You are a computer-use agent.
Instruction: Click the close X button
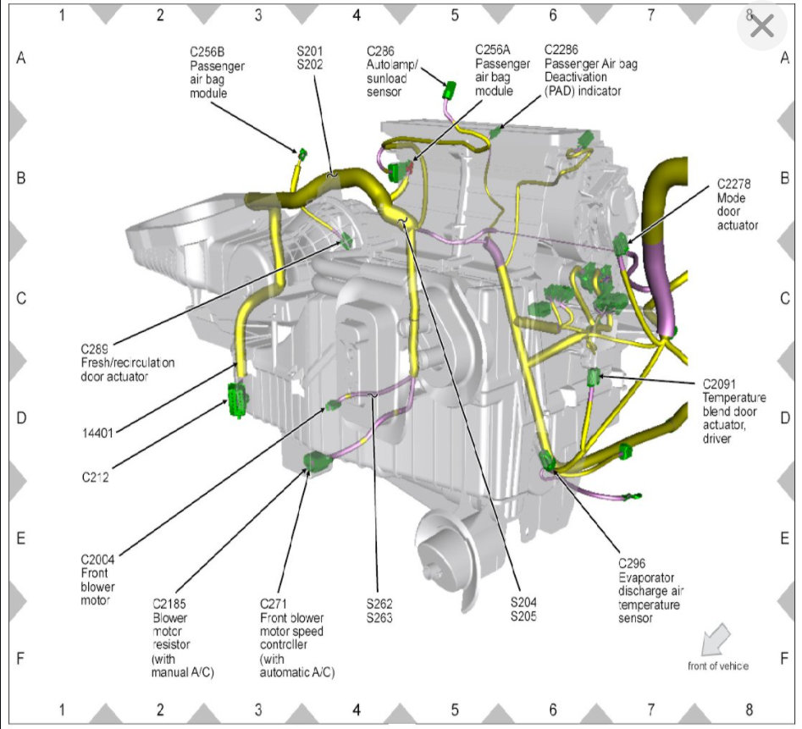(761, 27)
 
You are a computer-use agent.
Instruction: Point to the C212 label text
(97, 477)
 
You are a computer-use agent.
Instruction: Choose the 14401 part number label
(98, 434)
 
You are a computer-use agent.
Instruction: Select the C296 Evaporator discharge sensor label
(649, 591)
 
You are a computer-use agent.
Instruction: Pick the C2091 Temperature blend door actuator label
(733, 411)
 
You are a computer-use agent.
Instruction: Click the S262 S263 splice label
(379, 610)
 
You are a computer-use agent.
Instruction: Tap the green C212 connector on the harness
(236, 400)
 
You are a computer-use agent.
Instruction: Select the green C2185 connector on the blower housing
(316, 463)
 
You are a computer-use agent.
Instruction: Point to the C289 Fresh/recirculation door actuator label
(127, 362)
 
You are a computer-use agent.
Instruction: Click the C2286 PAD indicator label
(589, 72)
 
